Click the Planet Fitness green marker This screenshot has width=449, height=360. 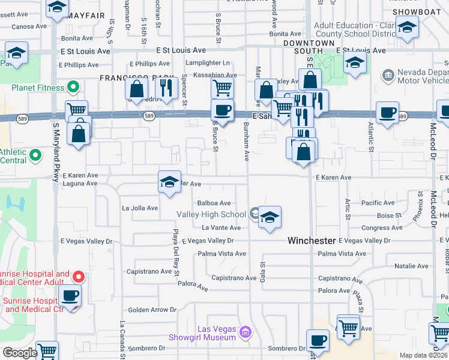point(74,88)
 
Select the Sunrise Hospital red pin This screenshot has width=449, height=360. point(78,277)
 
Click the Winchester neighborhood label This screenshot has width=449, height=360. point(311,241)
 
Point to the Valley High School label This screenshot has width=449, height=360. point(211,214)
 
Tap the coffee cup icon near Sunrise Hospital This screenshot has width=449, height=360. point(71,296)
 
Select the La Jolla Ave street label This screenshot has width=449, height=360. point(139,208)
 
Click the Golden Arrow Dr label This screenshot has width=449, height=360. point(152,310)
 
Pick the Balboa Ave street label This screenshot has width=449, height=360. point(214,203)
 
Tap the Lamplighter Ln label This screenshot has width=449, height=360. point(208,63)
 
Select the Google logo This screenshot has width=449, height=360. point(19,353)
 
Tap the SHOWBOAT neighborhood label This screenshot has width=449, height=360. point(412,12)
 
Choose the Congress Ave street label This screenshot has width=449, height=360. point(377,228)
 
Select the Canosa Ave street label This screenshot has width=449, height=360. point(29,26)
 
